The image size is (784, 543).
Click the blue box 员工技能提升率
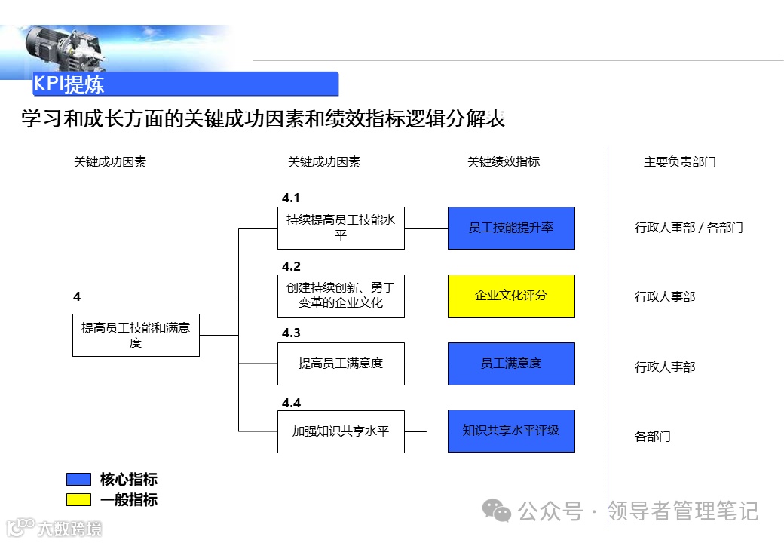511,228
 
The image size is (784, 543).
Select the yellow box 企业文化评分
511,296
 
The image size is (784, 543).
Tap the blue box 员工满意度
511,364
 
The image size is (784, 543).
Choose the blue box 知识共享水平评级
511,431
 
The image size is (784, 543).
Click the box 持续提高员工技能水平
341,228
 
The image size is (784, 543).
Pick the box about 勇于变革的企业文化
341,296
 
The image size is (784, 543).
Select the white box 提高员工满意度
341,364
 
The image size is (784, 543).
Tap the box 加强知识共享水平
341,431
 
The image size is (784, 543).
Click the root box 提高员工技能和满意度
136,335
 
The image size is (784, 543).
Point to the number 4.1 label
291,198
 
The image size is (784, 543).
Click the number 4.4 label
291,403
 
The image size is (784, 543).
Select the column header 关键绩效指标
504,162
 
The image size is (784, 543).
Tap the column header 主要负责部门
679,162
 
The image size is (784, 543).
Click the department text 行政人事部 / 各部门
688,228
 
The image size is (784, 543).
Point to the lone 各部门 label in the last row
652,437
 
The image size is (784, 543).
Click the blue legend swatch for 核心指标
78,480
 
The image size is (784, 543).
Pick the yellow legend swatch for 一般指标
78,499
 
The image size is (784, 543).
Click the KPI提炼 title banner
185,84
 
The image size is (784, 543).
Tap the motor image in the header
63,47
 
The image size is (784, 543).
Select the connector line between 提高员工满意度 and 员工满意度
426,364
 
